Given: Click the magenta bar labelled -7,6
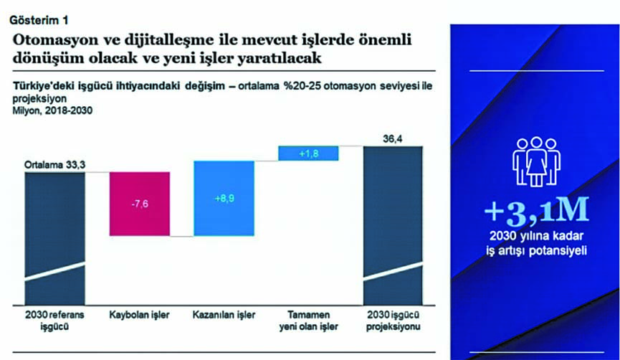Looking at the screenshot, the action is pyautogui.click(x=140, y=204).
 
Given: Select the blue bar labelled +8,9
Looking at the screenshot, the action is pyautogui.click(x=224, y=198).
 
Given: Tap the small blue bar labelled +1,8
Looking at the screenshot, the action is pyautogui.click(x=308, y=153).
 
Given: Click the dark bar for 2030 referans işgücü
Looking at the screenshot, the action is pyautogui.click(x=55, y=239).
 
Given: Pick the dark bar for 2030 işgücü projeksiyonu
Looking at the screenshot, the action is pyautogui.click(x=393, y=225).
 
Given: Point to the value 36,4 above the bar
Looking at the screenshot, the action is pyautogui.click(x=393, y=139).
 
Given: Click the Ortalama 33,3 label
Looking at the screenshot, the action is pyautogui.click(x=55, y=164).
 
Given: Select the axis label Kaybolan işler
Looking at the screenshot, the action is pyautogui.click(x=139, y=316).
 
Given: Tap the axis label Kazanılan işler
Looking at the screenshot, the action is pyautogui.click(x=224, y=316).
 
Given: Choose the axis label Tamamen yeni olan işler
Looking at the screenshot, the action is pyautogui.click(x=308, y=321).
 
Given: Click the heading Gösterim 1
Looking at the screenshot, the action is pyautogui.click(x=39, y=20).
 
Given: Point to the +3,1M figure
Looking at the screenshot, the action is pyautogui.click(x=537, y=209).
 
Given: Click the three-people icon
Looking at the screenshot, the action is pyautogui.click(x=536, y=161).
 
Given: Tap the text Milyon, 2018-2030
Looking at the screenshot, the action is pyautogui.click(x=52, y=110).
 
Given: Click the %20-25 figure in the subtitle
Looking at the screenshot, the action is pyautogui.click(x=302, y=86).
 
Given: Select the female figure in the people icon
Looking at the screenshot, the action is pyautogui.click(x=536, y=161).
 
